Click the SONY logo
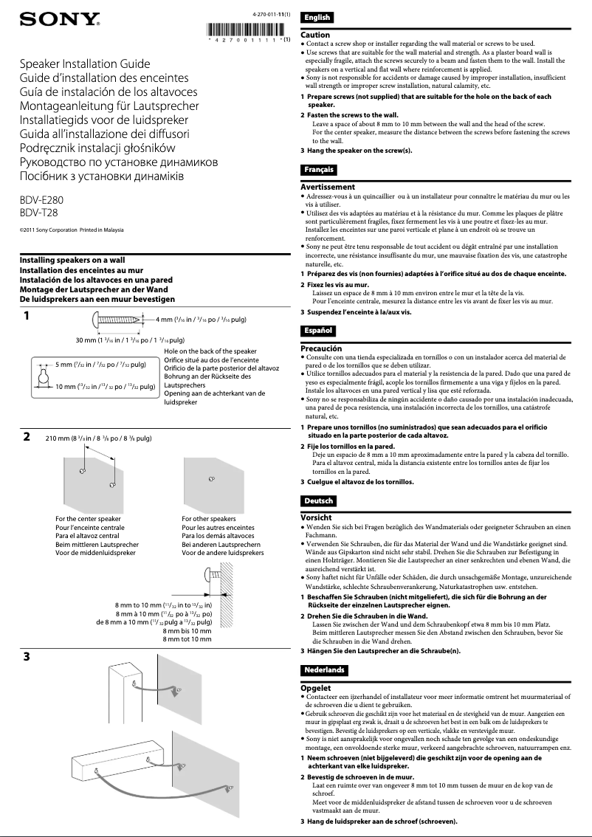60,19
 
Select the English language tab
317,18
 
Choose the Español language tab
318,331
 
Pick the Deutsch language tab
318,501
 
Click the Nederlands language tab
323,669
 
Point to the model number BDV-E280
41,200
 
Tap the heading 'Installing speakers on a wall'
72,261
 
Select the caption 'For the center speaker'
89,519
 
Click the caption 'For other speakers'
209,519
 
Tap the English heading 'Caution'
315,35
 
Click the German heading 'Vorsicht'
316,517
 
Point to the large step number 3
27,657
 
